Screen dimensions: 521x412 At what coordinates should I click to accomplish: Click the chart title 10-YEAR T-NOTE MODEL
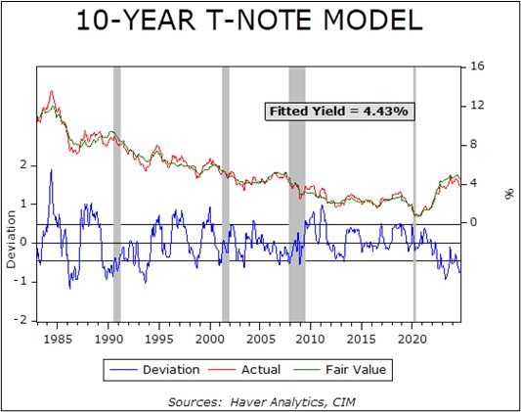(249, 21)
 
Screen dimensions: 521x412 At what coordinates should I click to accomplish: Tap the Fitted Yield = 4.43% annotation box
(339, 111)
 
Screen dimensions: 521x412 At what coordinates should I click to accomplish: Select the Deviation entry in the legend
(154, 370)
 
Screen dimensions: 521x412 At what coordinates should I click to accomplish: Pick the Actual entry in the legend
(244, 370)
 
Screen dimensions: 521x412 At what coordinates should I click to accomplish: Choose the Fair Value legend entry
(339, 370)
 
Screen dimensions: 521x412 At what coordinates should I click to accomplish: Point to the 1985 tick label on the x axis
(58, 339)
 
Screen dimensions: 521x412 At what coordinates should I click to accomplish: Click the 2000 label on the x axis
(210, 339)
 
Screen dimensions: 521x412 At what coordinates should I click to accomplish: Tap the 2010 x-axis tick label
(310, 339)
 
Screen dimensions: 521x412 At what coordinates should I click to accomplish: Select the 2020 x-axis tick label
(412, 339)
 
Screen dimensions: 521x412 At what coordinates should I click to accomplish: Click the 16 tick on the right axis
(477, 67)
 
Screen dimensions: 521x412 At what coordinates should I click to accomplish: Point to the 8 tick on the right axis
(473, 144)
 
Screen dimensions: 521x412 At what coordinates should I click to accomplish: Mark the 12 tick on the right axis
(477, 106)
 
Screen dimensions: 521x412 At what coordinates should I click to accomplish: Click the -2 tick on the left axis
(21, 320)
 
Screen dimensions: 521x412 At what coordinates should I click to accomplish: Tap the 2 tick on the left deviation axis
(23, 165)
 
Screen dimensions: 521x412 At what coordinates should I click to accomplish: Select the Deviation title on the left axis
(11, 239)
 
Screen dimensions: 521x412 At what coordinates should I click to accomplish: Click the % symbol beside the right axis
(508, 195)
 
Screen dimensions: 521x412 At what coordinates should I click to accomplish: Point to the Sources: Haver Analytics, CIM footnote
(262, 401)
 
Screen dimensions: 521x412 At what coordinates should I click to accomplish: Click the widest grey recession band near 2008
(297, 194)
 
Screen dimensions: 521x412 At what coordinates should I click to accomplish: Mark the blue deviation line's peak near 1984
(51, 170)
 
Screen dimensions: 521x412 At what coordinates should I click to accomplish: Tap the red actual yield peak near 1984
(52, 91)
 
